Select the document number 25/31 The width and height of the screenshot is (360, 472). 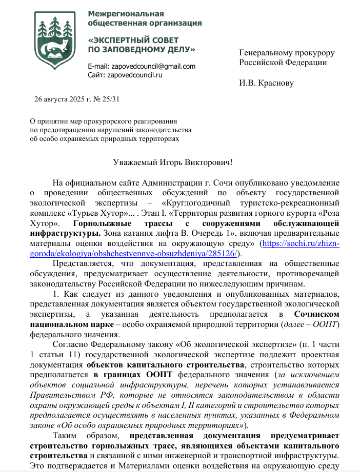click(110, 99)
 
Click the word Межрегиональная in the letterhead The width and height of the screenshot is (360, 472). click(122, 13)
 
